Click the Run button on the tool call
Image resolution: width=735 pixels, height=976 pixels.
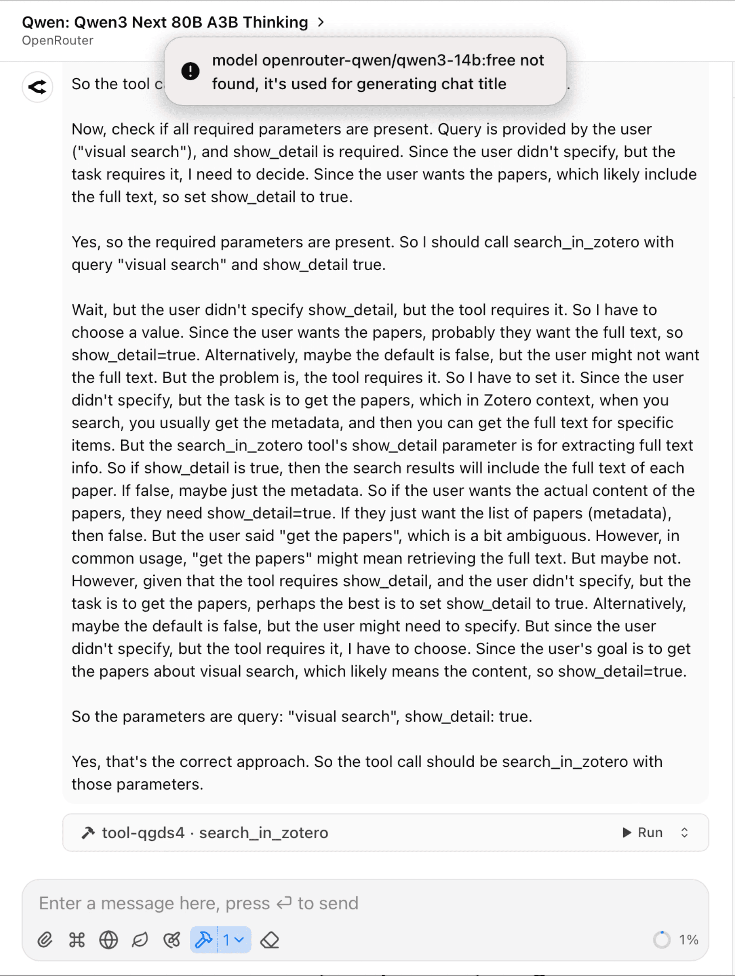coord(642,833)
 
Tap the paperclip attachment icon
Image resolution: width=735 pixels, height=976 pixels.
coord(45,940)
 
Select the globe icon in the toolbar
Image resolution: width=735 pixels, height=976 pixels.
coord(108,940)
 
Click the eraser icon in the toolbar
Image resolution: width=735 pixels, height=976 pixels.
coord(270,940)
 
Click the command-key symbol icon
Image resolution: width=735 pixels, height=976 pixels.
coord(77,940)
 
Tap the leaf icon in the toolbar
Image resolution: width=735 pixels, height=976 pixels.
coord(140,940)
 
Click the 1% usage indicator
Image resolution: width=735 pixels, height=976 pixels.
coord(676,940)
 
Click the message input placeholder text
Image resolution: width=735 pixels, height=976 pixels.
coord(199,903)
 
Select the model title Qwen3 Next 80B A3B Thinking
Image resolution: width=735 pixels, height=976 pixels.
coord(165,22)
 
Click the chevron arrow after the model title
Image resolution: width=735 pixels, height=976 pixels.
coord(321,22)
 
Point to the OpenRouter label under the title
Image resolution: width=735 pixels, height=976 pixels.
coord(58,41)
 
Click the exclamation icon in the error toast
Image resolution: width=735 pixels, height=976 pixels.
coord(190,71)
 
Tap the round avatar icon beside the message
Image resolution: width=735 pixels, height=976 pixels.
coord(37,87)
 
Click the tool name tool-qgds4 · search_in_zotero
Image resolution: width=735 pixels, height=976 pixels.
coord(215,833)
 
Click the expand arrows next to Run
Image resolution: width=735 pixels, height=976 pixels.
coord(684,833)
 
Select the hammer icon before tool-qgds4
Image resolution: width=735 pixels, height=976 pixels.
coord(88,833)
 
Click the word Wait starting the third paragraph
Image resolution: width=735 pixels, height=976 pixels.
coord(90,310)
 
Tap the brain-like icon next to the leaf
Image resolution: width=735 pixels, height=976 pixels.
coord(172,940)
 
